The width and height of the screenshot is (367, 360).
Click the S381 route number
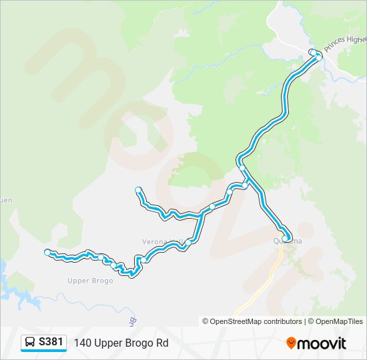[x=51, y=342]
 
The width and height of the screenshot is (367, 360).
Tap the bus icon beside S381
[x=30, y=343]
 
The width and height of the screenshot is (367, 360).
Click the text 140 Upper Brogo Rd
[x=121, y=343]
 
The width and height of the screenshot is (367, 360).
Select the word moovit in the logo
[x=322, y=343]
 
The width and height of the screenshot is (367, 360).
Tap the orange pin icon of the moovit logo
[x=291, y=343]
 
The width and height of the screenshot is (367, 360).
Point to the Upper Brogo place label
[x=90, y=281]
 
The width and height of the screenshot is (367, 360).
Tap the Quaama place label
[x=288, y=241]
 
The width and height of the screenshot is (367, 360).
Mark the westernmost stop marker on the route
[x=47, y=252]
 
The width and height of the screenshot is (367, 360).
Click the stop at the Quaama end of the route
[x=285, y=237]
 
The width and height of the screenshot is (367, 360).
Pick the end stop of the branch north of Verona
[x=138, y=190]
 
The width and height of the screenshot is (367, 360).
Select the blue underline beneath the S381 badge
[x=43, y=351]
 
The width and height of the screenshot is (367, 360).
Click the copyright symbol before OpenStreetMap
[x=206, y=321]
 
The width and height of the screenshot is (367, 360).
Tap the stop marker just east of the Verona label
[x=189, y=241]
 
